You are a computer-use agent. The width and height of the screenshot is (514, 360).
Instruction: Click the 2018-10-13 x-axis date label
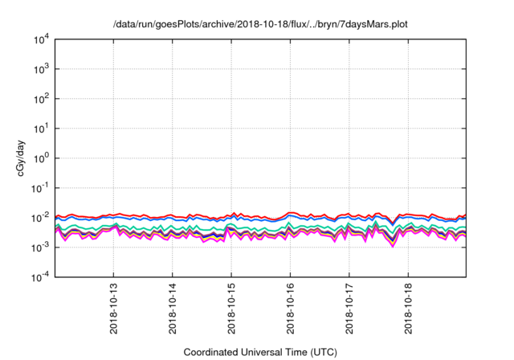[112, 309]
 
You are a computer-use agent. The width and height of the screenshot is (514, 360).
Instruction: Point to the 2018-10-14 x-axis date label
[172, 309]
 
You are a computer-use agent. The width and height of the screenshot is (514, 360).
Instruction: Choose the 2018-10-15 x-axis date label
[231, 309]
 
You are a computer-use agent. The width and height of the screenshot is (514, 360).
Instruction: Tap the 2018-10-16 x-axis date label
[290, 309]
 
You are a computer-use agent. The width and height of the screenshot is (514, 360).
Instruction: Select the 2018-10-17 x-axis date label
[349, 309]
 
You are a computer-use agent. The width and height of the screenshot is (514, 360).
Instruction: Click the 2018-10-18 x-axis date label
[408, 309]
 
